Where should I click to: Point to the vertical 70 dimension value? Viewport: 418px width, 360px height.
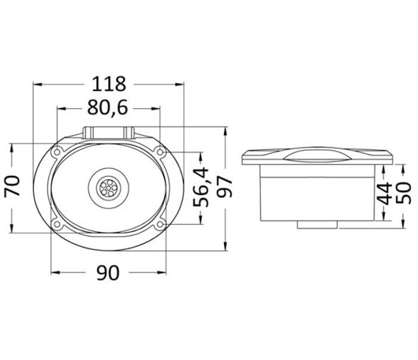12,186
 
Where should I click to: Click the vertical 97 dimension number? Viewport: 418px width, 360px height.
225,186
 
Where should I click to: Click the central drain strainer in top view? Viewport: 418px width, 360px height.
108,188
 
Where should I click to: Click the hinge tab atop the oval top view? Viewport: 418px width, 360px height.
109,132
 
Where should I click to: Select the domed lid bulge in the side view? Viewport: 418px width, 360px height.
315,152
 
